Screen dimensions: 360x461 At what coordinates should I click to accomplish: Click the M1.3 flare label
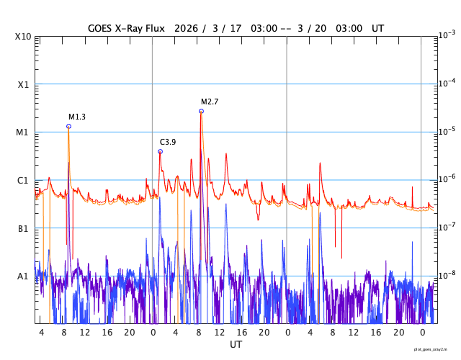(77, 117)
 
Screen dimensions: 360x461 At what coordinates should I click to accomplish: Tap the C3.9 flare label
(168, 142)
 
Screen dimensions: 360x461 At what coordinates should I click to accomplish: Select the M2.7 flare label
(210, 102)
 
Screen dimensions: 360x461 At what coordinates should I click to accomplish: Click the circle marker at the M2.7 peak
(201, 111)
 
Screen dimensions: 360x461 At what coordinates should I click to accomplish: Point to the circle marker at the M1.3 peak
(68, 126)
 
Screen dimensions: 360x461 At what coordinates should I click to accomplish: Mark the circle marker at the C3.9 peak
(160, 151)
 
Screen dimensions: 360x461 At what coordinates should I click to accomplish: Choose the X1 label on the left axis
(23, 84)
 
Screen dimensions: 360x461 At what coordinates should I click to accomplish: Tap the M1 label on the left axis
(23, 132)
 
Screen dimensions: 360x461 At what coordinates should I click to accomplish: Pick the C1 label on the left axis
(23, 181)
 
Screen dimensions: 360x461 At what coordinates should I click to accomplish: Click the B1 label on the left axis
(23, 229)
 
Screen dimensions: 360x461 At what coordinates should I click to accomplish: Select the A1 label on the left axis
(23, 276)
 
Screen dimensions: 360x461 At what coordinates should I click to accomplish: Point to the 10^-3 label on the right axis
(446, 35)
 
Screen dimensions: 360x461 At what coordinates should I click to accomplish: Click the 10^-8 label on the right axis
(446, 274)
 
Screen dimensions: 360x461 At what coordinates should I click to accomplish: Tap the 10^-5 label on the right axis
(446, 131)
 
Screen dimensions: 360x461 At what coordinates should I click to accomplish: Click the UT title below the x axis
(236, 345)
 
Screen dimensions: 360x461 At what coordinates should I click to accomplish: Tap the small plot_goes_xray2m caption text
(434, 349)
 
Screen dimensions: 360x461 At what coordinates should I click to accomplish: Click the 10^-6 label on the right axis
(446, 179)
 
